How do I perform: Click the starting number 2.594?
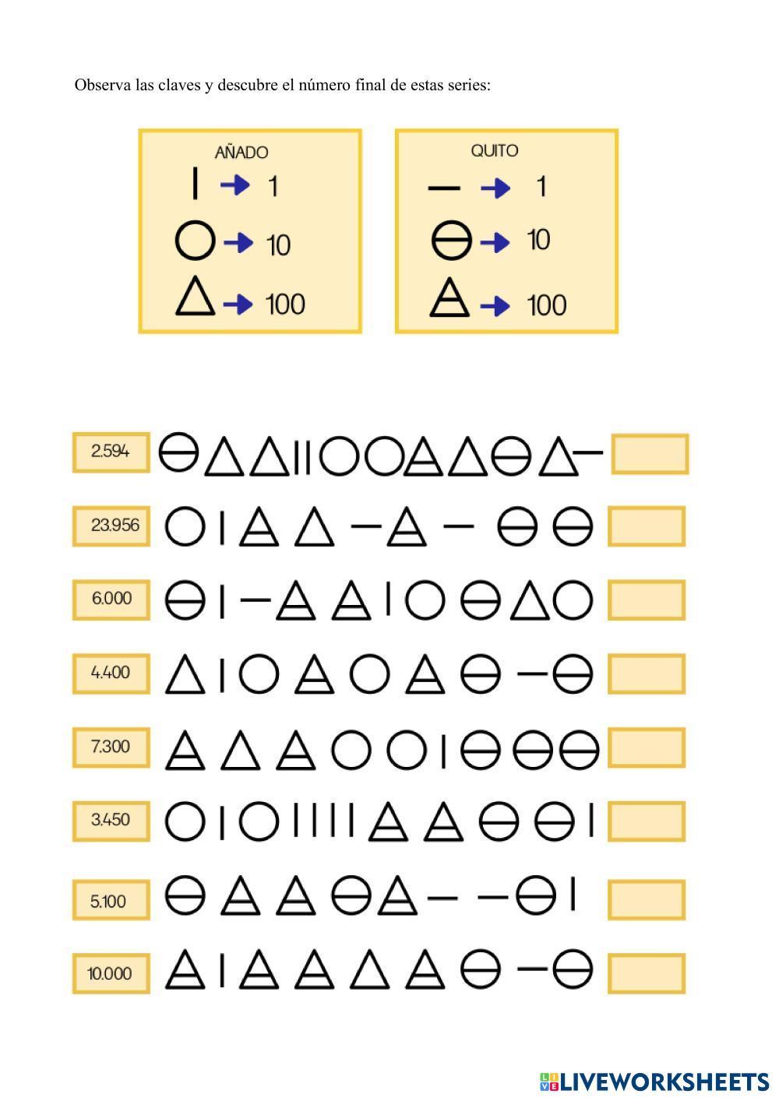point(111,452)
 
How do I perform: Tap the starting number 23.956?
point(114,526)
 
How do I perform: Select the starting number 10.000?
point(110,973)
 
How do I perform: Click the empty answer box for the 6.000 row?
point(647,600)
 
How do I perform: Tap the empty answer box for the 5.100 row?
point(647,900)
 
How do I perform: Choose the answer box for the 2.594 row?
point(650,454)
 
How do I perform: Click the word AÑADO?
point(241,153)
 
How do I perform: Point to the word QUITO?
point(495,151)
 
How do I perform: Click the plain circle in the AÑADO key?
point(195,241)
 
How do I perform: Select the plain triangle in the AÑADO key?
point(195,298)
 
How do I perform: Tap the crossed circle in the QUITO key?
point(452,241)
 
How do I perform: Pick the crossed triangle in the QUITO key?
point(450,299)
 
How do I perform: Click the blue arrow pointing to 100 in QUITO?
point(495,306)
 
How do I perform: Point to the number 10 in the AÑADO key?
point(278,245)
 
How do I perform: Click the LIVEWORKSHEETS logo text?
point(664,1082)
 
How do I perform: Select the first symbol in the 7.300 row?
point(185,750)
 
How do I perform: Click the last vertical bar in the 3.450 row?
point(591,820)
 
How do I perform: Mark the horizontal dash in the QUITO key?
point(445,188)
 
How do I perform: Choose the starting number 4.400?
point(111,673)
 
